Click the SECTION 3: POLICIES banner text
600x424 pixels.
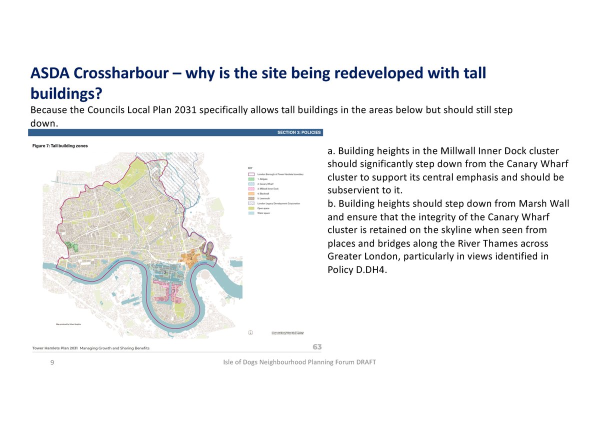point(299,132)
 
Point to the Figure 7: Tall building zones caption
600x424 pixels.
point(60,146)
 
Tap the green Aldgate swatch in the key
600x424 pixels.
point(251,179)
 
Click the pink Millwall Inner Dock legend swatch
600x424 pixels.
point(251,189)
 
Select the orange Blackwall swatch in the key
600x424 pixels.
point(251,194)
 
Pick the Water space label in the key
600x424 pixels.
point(263,213)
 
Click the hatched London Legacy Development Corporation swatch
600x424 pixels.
point(251,204)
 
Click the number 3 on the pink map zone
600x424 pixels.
point(173,291)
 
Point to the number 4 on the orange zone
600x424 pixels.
point(191,258)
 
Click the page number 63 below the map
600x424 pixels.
point(317,346)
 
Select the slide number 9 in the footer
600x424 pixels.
point(52,362)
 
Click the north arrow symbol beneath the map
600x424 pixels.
point(250,332)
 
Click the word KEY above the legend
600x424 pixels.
point(250,168)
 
